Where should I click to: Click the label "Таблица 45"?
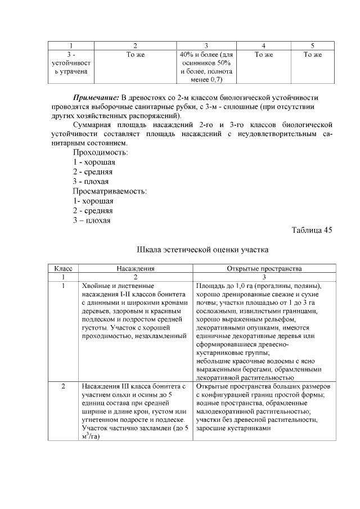(312, 231)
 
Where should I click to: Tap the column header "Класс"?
(63, 269)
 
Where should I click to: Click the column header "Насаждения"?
(135, 269)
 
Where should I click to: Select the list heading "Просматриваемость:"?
(110, 191)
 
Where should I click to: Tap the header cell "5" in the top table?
(312, 45)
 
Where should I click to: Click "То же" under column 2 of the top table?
(136, 55)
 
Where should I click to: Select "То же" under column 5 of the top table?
(312, 55)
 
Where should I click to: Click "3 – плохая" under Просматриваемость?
(91, 220)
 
